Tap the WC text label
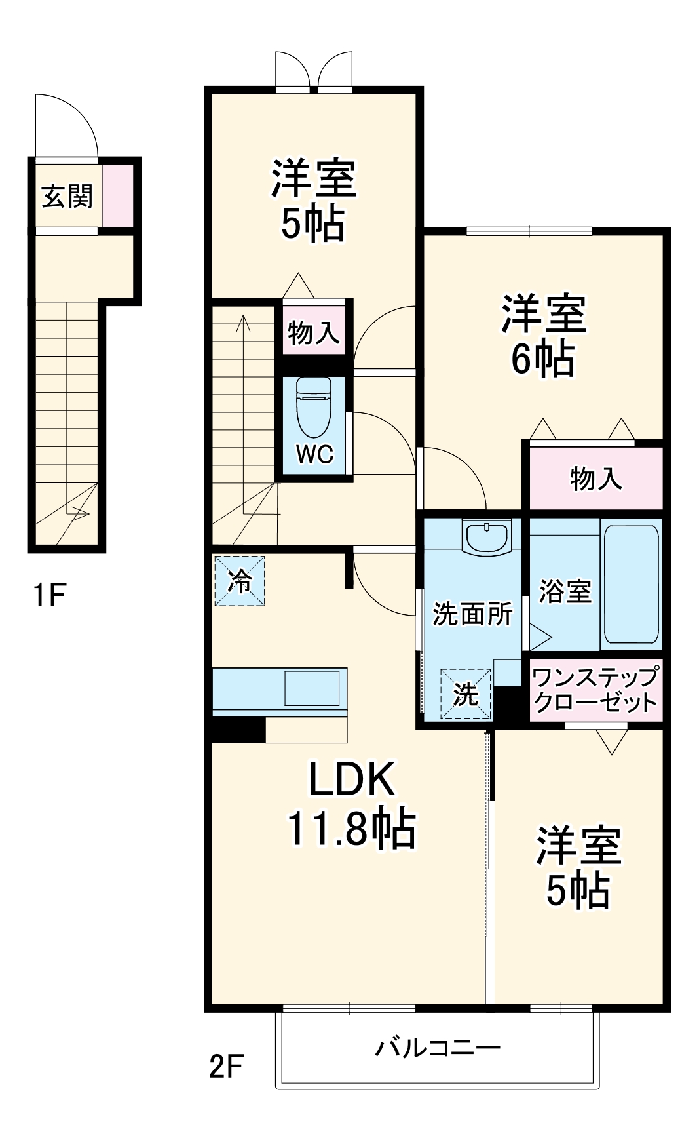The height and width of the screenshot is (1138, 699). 314,454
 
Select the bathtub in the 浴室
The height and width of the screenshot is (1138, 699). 631,584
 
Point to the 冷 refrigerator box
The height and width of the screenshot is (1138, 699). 240,580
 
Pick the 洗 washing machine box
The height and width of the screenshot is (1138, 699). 466,694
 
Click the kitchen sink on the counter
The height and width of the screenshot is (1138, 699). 311,688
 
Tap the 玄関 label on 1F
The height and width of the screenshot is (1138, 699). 67,196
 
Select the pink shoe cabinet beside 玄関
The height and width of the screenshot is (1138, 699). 118,195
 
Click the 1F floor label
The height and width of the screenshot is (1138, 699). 49,595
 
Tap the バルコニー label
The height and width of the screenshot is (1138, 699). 437,1047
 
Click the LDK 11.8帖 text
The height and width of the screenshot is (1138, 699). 351,804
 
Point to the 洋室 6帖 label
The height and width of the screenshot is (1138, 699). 543,336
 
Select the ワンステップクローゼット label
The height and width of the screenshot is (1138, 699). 594,690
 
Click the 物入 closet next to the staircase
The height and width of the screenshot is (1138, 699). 314,332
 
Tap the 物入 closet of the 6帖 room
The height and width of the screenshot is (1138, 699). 595,478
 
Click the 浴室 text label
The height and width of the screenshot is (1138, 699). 565,591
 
